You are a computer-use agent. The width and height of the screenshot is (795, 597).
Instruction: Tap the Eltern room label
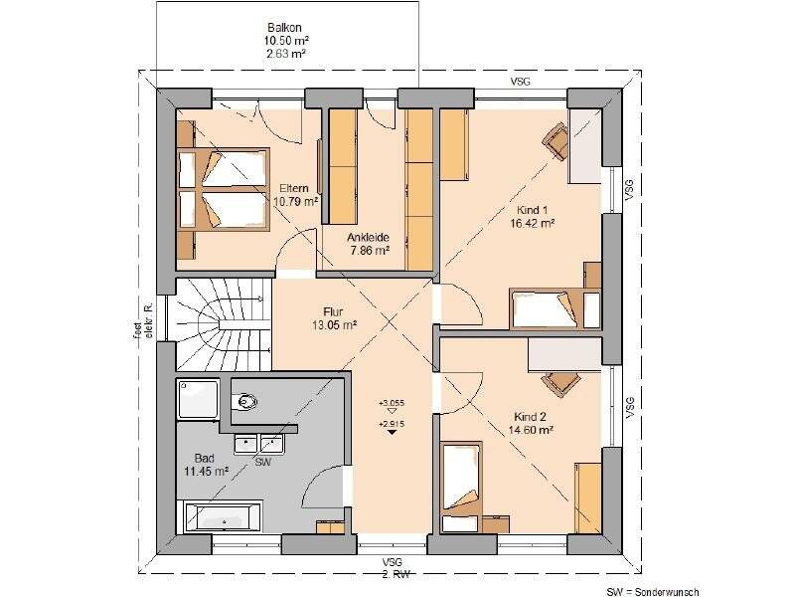pos(294,189)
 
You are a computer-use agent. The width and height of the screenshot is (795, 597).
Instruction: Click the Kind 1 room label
pos(533,211)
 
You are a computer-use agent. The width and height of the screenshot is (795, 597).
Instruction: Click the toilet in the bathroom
pos(245,402)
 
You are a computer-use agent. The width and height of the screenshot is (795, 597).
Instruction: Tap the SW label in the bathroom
pos(262,463)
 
